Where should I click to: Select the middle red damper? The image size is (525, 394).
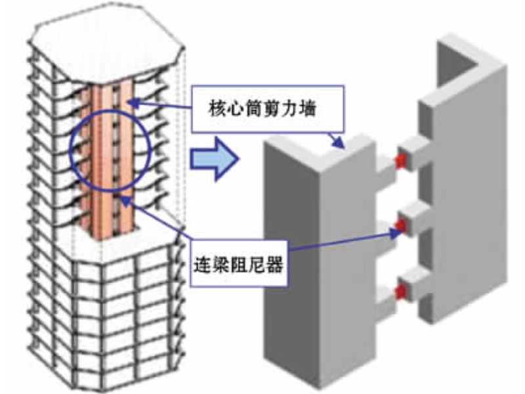point(400,227)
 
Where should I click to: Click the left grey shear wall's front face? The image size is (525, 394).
point(292,263)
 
